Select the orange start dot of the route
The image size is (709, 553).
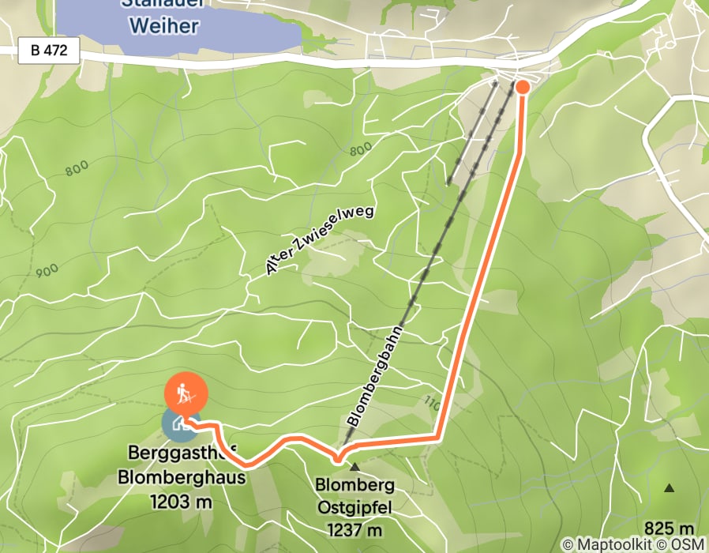click(x=522, y=86)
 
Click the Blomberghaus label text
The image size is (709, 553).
click(x=182, y=477)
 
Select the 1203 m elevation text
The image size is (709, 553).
click(x=182, y=501)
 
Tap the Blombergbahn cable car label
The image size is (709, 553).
click(x=375, y=378)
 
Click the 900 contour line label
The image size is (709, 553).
click(x=47, y=271)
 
